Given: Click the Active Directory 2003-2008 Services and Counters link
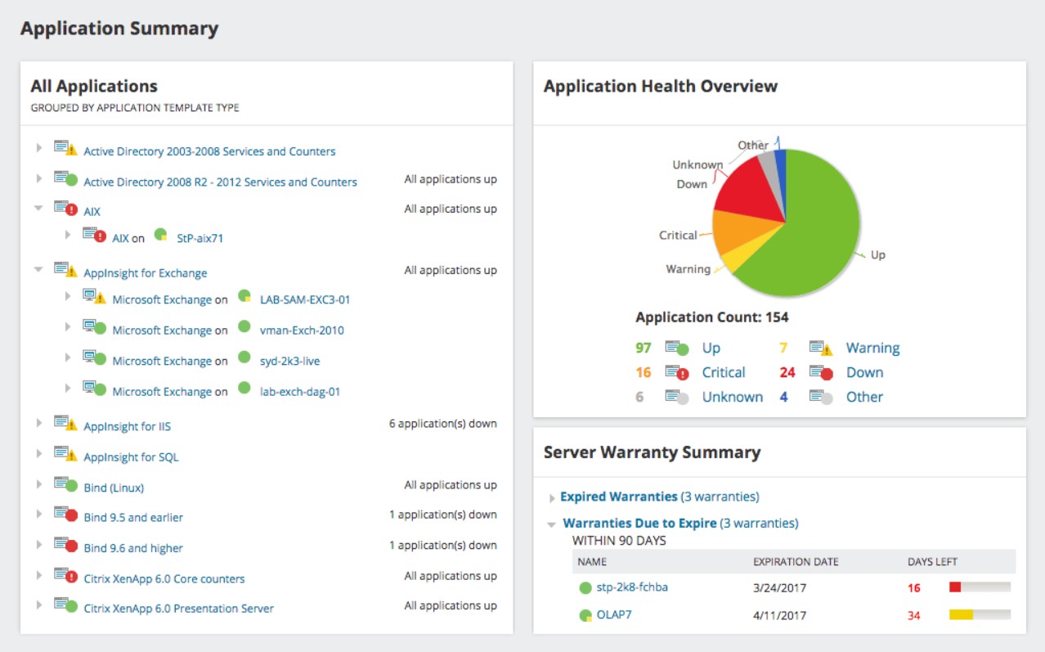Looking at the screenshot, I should pyautogui.click(x=209, y=151).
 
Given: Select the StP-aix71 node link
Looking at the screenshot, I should pyautogui.click(x=200, y=238).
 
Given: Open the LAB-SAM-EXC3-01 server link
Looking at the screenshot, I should pyautogui.click(x=304, y=299).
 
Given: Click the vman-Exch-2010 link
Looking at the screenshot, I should pyautogui.click(x=301, y=330).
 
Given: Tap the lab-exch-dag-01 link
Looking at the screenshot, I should pyautogui.click(x=299, y=392).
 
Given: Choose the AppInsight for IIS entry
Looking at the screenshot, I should pyautogui.click(x=127, y=426).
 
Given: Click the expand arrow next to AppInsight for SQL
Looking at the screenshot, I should pyautogui.click(x=38, y=454).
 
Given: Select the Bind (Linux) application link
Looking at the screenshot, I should pyautogui.click(x=114, y=488).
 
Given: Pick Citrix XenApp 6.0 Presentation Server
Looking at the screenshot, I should pyautogui.click(x=178, y=609).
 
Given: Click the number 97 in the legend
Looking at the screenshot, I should pyautogui.click(x=644, y=348).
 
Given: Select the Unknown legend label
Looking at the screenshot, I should pyautogui.click(x=732, y=397).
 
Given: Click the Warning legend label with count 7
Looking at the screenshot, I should pyautogui.click(x=872, y=348).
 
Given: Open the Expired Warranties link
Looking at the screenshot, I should pyautogui.click(x=618, y=497).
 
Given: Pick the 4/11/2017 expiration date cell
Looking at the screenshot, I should pyautogui.click(x=779, y=615).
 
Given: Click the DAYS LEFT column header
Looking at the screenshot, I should pyautogui.click(x=932, y=562).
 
